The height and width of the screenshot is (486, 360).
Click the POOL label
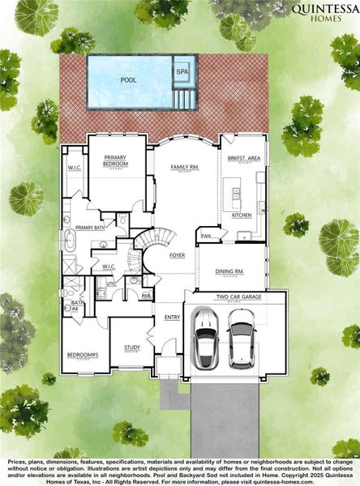pos(128,80)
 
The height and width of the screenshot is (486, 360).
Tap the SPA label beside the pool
pos(182,71)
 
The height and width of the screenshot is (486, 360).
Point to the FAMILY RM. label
pos(184,168)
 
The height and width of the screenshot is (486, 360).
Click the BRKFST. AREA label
pos(242,159)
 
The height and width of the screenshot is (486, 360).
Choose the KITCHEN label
pos(242,215)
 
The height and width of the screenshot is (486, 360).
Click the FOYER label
pos(177,255)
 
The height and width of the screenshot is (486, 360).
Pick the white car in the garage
pos(207,339)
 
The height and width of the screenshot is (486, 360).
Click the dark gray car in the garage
pos(242,339)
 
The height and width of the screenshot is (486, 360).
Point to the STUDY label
pos(131,347)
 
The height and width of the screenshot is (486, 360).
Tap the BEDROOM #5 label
pos(83,355)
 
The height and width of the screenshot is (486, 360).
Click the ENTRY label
pos(172,317)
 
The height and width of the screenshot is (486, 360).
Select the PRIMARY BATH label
pos(90,228)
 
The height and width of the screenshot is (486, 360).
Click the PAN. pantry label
pos(206,236)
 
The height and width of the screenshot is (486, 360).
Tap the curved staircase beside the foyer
pos(155,243)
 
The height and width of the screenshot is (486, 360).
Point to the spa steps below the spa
pos(184,98)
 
